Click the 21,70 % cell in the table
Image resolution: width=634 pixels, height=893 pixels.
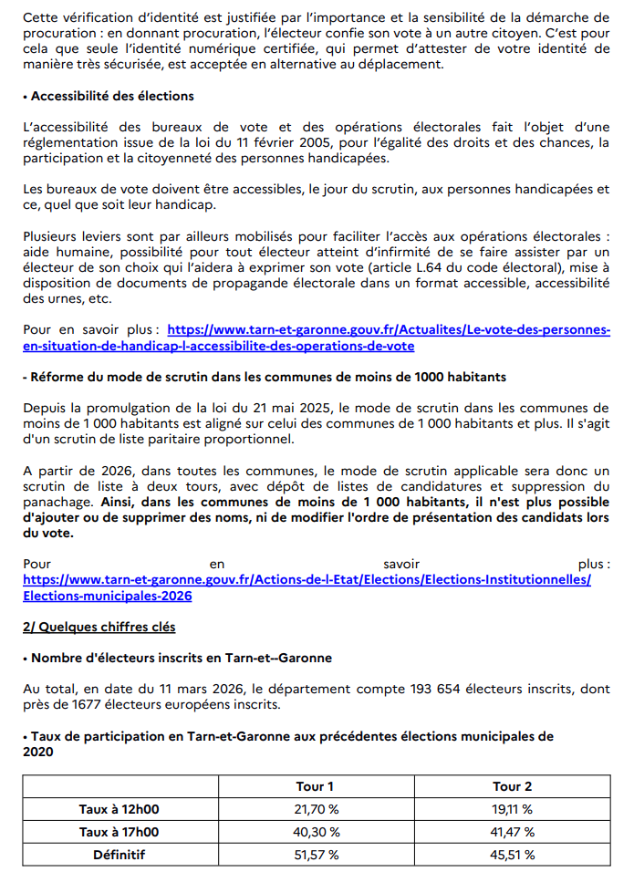point(316,809)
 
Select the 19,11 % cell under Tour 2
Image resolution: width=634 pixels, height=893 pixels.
point(513,809)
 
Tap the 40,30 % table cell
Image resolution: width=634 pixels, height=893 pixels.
point(316,832)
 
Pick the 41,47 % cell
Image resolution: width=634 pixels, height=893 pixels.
point(513,832)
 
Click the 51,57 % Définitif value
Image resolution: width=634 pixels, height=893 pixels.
point(316,855)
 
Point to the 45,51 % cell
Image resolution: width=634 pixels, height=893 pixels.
point(513,855)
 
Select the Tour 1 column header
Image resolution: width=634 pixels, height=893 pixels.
point(316,786)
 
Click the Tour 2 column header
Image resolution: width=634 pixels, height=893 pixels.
point(513,786)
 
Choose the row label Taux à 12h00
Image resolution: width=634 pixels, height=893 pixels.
point(120,809)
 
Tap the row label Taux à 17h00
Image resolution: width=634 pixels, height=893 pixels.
point(120,832)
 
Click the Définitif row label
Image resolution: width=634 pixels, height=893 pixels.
point(120,855)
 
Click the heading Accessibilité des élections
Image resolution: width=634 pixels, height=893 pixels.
point(111,96)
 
